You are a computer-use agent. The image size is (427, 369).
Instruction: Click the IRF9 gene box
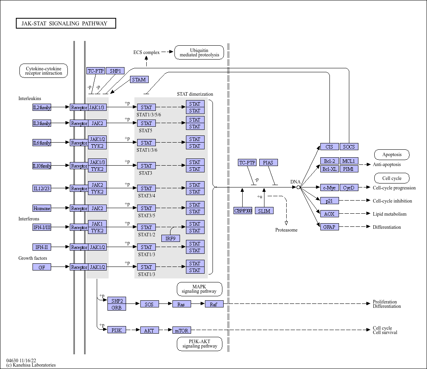[170, 238]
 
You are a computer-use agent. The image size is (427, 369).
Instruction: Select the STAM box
[139, 79]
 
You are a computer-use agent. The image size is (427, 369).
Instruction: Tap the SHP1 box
[115, 71]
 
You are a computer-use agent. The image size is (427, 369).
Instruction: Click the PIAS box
[268, 162]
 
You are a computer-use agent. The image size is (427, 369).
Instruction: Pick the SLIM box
[264, 211]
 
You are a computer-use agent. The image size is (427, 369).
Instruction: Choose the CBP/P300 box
[243, 211]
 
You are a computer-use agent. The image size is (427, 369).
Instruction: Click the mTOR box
[182, 330]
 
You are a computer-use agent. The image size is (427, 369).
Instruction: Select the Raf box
[214, 304]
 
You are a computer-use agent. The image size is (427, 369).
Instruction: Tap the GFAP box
[329, 227]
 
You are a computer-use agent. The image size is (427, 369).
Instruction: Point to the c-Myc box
[329, 187]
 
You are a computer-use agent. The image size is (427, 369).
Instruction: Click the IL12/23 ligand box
[42, 188]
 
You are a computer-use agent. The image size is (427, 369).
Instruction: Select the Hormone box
[42, 209]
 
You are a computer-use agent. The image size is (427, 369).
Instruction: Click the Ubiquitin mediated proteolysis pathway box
[199, 52]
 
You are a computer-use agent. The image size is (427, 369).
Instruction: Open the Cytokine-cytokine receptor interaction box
[44, 71]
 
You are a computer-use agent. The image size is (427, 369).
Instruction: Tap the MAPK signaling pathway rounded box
[199, 289]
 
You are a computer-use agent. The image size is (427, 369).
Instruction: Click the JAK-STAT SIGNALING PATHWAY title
[65, 23]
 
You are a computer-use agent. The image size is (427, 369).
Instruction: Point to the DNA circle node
[298, 187]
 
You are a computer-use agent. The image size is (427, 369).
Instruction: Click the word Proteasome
[286, 230]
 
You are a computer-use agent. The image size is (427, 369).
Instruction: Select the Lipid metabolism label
[390, 214]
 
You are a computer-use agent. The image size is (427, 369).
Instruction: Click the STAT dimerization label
[195, 94]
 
